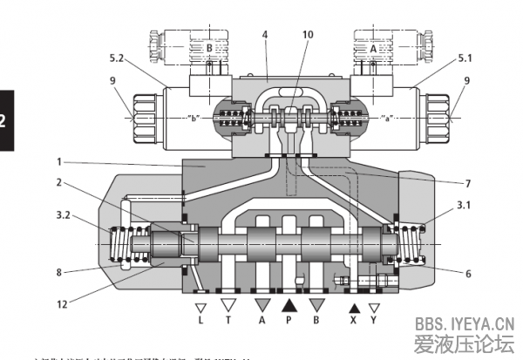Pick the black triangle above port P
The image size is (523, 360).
289,306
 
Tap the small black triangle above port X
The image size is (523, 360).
354,308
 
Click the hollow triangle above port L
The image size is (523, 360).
201,308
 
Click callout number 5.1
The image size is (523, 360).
466,58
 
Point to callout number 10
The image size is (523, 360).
308,34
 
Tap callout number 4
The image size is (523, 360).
264,34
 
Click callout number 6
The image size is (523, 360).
467,274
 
